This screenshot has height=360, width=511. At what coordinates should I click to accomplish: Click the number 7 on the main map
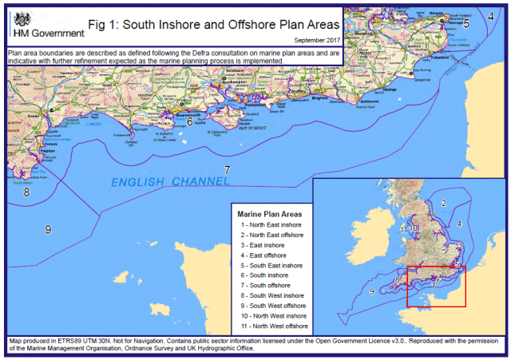[227, 170]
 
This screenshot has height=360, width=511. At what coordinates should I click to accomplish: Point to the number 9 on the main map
[48, 230]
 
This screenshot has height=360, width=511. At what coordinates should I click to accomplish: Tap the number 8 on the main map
[26, 192]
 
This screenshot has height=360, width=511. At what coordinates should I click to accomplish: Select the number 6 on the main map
[189, 121]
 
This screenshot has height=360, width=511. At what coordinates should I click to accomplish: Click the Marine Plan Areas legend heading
[270, 214]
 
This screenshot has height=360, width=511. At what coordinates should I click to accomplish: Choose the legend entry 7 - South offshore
[269, 285]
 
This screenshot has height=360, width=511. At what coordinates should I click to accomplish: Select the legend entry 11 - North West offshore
[274, 325]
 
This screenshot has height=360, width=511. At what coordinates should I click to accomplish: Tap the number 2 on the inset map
[443, 204]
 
